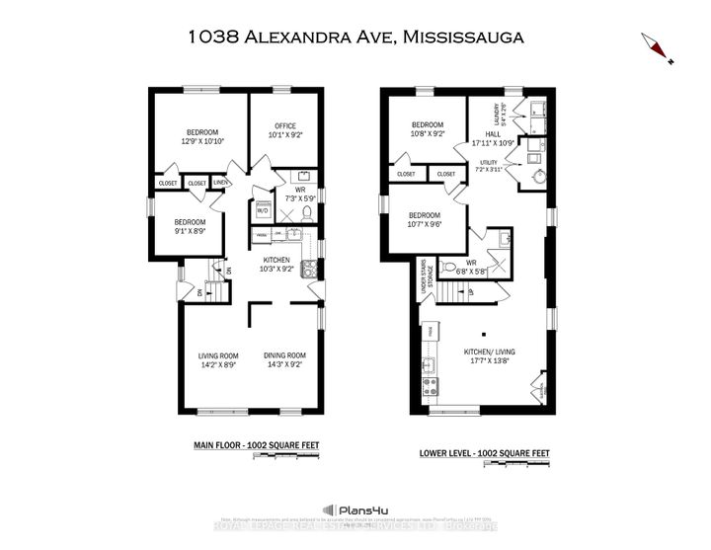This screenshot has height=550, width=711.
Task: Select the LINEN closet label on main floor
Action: tap(222, 183)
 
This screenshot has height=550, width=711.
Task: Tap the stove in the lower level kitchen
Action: tap(431, 386)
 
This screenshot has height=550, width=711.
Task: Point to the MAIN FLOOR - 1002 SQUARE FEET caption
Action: tap(256, 446)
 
